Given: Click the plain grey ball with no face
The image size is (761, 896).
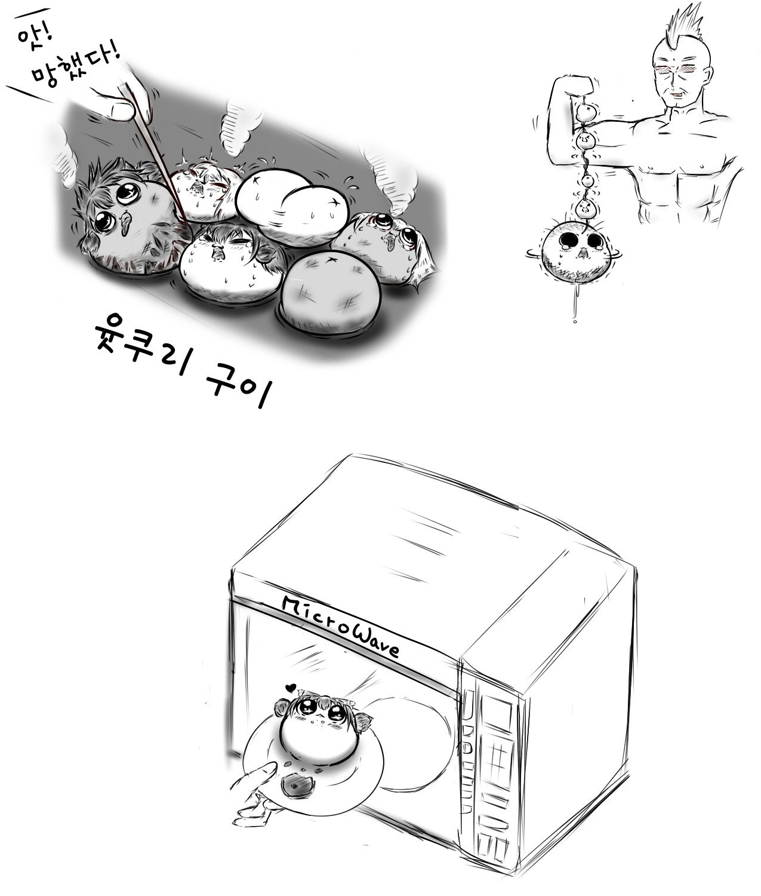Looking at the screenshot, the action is point(331,287).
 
